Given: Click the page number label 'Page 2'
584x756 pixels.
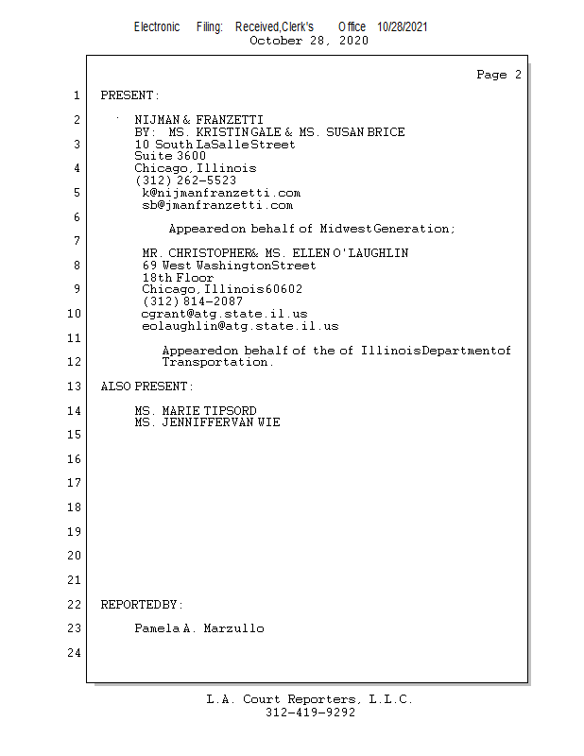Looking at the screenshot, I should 499,75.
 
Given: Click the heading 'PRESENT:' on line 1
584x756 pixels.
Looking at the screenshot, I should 130,95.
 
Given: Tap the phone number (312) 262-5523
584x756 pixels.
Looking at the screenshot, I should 185,180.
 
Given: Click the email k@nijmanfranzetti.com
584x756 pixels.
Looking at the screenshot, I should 221,192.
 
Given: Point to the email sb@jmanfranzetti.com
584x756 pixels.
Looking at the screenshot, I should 217,204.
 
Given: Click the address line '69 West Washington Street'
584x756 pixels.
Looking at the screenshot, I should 229,266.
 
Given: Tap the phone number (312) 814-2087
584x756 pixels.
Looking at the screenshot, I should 192,301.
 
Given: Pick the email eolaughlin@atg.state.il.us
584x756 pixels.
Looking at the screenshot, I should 239,325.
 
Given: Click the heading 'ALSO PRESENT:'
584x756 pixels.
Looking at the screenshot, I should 146,387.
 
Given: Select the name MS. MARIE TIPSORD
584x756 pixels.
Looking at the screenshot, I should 195,411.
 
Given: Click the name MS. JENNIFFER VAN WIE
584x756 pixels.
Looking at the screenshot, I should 207,422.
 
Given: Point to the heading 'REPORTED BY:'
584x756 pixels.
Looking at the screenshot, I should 142,604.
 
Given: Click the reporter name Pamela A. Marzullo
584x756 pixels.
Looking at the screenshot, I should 198,628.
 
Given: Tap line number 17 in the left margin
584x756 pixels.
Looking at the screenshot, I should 75,483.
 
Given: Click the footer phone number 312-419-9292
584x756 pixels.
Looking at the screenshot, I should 310,713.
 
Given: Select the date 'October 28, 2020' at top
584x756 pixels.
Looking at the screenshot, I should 308,41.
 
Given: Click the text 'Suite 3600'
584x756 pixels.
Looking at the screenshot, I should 170,156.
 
